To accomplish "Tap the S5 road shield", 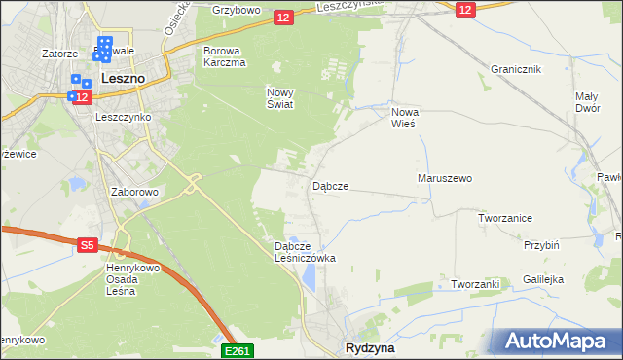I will click(87, 247).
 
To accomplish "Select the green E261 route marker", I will click(238, 350).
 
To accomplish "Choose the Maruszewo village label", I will click(444, 179).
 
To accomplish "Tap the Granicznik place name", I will click(516, 70).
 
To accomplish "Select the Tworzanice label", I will click(504, 218).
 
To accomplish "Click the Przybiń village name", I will click(540, 246).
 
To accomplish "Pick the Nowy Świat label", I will click(279, 98).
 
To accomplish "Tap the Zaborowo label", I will click(134, 192).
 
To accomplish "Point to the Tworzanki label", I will click(475, 284).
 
